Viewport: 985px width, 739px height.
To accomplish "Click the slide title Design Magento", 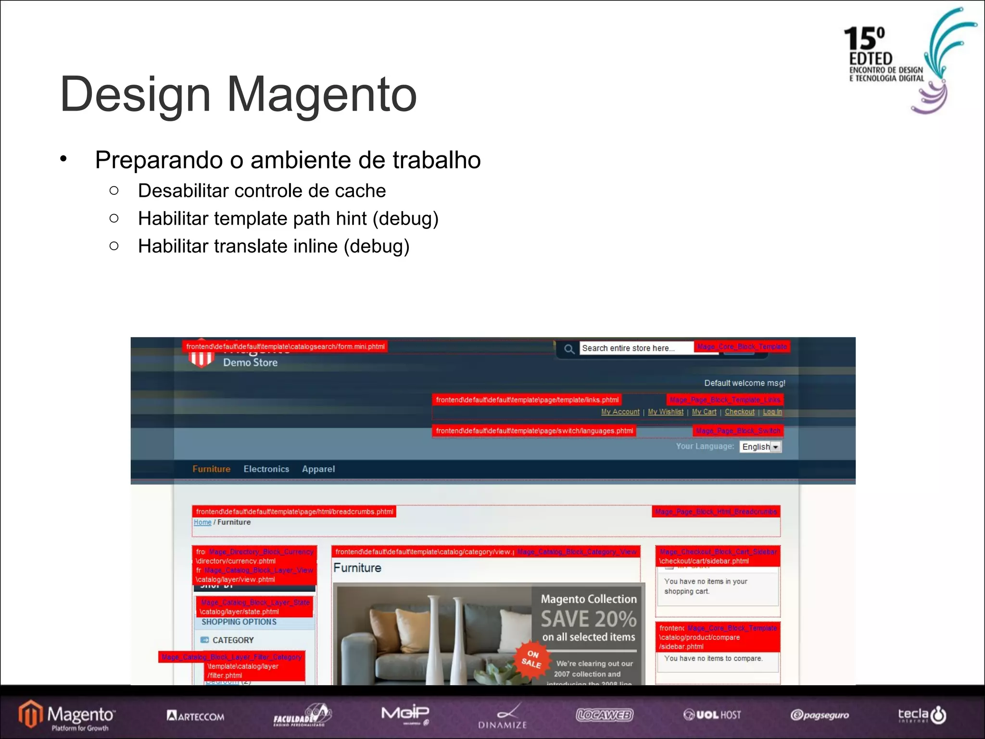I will pyautogui.click(x=238, y=94).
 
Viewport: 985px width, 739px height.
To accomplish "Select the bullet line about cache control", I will pyautogui.click(x=262, y=191).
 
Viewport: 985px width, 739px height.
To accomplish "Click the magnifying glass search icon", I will pyautogui.click(x=569, y=349).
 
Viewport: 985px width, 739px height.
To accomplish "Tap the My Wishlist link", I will pyautogui.click(x=665, y=412).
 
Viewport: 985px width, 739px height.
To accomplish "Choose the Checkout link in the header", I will pyautogui.click(x=739, y=412).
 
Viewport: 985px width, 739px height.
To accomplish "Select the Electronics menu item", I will pyautogui.click(x=266, y=469).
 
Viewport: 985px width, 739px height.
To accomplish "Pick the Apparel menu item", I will pyautogui.click(x=318, y=469).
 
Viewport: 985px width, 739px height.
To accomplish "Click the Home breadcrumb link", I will pyautogui.click(x=202, y=522).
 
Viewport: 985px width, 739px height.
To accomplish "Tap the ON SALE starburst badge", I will pyautogui.click(x=531, y=660).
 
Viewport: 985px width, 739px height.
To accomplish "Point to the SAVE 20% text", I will pyautogui.click(x=588, y=619).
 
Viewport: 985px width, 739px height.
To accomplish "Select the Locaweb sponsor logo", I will pyautogui.click(x=605, y=715).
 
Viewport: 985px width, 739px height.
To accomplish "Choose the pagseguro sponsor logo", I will pyautogui.click(x=820, y=715).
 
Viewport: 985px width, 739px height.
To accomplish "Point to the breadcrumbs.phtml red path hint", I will pyautogui.click(x=294, y=511).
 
